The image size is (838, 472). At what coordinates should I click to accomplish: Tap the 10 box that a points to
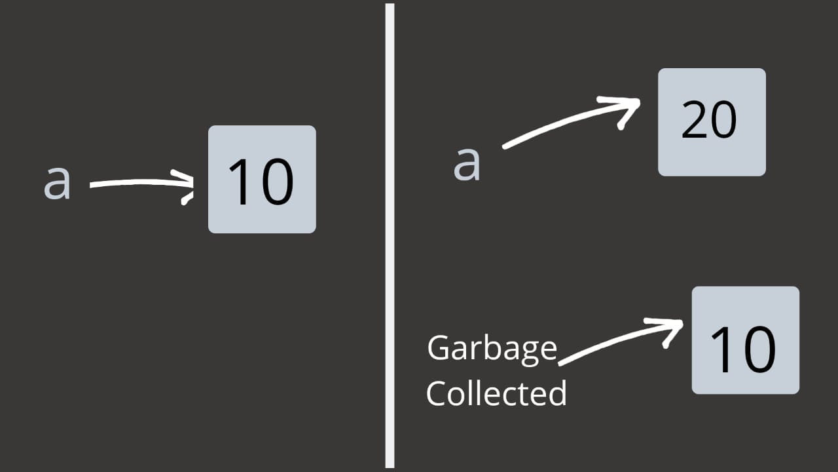[262, 179]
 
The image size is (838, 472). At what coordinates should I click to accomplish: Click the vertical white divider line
[390, 236]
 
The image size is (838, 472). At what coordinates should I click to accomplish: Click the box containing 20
[712, 122]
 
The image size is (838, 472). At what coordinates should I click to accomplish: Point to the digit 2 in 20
[695, 122]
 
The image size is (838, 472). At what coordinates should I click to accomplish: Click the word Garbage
[492, 349]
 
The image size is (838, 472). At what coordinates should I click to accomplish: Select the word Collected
[496, 393]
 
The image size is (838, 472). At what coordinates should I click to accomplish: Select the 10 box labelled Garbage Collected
[746, 340]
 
